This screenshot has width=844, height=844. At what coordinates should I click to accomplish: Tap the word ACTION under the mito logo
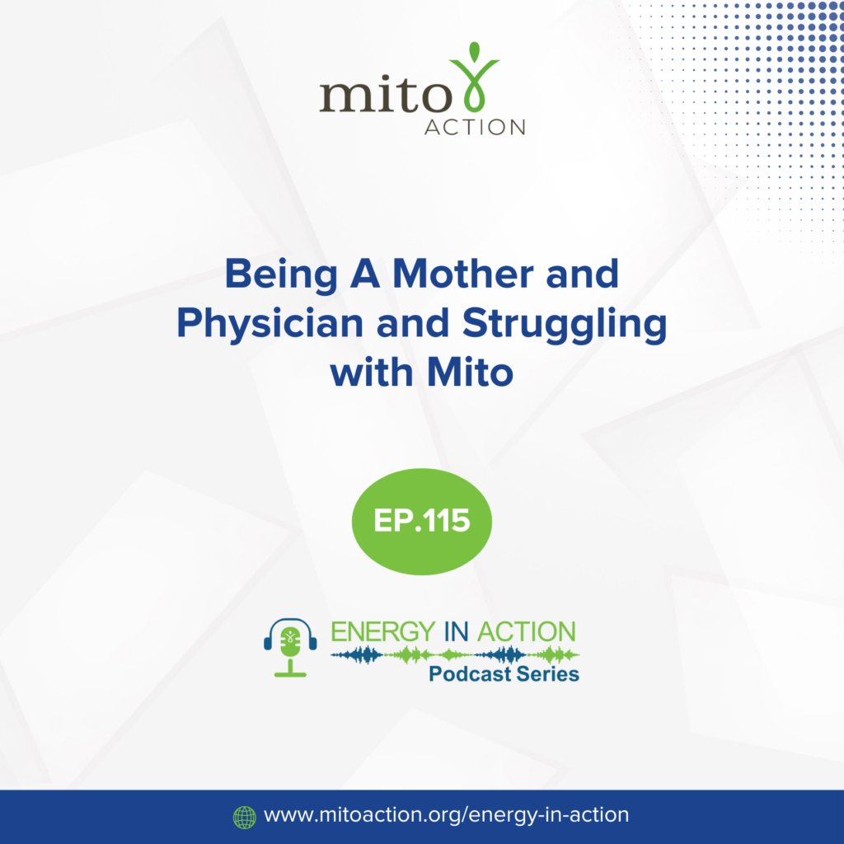coord(475,127)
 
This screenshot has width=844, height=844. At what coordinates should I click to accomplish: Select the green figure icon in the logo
coord(475,77)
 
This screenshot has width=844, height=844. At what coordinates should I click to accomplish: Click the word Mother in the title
coord(464,274)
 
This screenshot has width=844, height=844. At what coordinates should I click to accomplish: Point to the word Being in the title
coord(281,275)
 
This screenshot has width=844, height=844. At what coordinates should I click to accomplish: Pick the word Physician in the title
coord(270,325)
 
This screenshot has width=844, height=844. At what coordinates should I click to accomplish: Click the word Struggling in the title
coord(565,325)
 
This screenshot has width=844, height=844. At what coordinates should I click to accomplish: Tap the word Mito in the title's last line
coord(470,373)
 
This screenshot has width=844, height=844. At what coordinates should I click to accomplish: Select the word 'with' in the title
coord(371,373)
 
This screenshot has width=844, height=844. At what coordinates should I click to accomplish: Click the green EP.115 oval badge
coord(422,521)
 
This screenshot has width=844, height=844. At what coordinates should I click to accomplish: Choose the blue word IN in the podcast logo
coord(457,631)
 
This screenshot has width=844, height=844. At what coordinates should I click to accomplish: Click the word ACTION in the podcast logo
coord(527,631)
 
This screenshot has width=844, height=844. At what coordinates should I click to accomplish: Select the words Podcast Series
coord(504,674)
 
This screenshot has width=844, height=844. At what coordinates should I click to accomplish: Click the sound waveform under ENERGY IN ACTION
coord(455,655)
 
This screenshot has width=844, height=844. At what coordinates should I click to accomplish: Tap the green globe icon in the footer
coord(244,817)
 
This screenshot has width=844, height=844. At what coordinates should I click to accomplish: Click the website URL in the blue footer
coord(446,815)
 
